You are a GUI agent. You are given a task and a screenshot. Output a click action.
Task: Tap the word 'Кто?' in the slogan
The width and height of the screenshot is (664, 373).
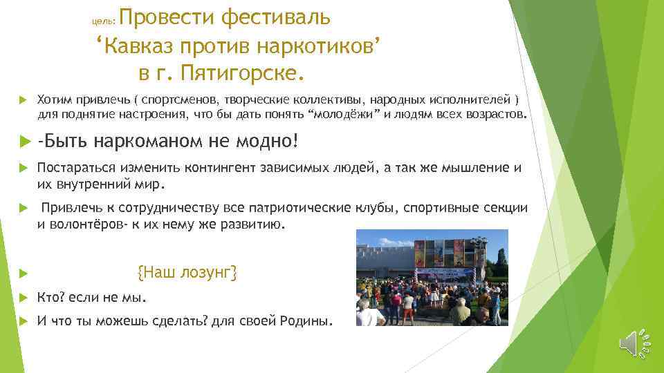50,298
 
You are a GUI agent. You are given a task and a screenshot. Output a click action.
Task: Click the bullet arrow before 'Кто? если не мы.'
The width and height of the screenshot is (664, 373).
21,298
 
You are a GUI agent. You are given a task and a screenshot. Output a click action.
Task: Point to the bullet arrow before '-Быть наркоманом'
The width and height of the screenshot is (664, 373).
21,142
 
